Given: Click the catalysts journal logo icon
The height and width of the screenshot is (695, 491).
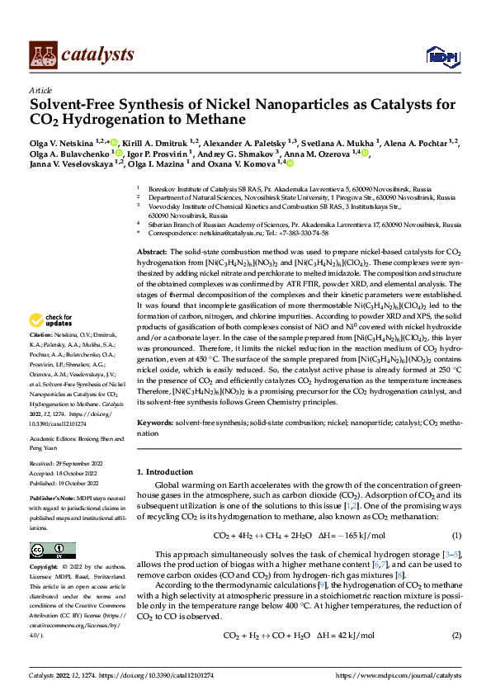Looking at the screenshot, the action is (x=43, y=54).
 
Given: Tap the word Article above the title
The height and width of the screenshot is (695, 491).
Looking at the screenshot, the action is (x=40, y=90).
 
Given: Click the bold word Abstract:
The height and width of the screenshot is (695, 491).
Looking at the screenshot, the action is (x=152, y=251).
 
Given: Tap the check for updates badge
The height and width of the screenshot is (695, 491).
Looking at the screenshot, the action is (x=50, y=320).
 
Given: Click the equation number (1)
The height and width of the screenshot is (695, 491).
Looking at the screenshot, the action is (x=456, y=536).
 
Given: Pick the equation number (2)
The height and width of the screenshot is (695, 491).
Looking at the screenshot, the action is (x=456, y=636).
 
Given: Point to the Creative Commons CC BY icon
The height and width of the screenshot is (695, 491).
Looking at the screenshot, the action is (x=52, y=550).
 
